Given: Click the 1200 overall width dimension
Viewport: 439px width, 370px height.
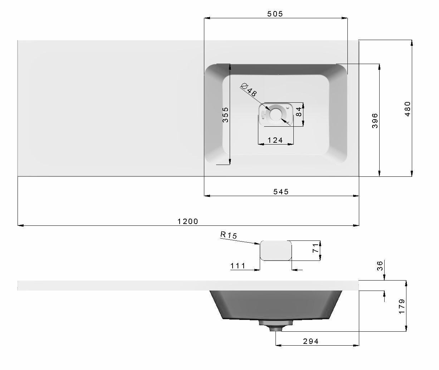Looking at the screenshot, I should pos(188,221).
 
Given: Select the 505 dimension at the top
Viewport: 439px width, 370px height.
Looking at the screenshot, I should pos(275,14).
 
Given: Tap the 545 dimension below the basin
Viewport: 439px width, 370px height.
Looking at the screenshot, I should pos(281,191).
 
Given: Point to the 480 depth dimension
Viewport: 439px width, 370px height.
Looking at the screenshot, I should pos(408,109).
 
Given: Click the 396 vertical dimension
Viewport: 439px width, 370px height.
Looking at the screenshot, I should pos(375,121).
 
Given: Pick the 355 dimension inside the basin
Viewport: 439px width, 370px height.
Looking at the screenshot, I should pos(225,115).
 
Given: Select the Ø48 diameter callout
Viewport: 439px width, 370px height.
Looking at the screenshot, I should pos(249,89).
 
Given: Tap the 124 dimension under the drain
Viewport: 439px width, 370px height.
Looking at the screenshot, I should pos(275,140).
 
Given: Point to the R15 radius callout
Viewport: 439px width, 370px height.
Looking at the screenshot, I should pos(229,235).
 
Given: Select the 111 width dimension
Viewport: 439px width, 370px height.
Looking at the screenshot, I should pos(238,266).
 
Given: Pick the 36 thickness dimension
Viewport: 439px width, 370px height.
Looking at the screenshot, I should pos(380,266).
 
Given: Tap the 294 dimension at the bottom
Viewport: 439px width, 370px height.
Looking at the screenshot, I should pos(311,341).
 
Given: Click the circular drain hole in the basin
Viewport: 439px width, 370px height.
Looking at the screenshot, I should pos(276,114).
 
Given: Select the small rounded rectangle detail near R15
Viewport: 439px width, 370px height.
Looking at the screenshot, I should pos(276,250).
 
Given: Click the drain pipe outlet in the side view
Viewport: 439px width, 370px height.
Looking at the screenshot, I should pos(275,327).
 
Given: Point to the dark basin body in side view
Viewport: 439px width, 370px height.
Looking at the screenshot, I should pos(275,304).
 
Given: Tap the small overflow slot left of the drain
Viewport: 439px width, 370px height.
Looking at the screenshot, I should pos(263,115).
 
